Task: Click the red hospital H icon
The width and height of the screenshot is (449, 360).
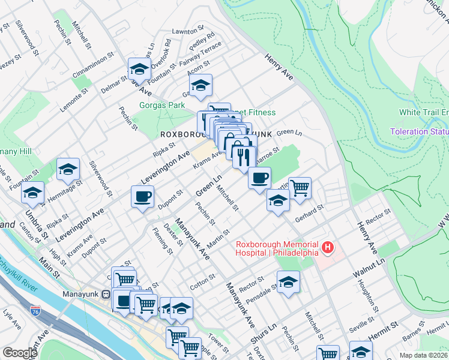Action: point(328,247)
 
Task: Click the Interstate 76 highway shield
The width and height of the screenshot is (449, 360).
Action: point(36,311)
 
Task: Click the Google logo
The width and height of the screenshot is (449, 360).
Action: point(19,353)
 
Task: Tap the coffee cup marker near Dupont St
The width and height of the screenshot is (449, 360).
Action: point(142,196)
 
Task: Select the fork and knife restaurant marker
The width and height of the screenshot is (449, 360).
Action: point(243,157)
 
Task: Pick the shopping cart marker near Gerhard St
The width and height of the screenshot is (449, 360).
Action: point(300,188)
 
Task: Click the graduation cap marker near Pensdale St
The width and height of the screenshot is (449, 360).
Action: point(288,282)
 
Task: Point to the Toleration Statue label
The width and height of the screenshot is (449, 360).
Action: point(419,131)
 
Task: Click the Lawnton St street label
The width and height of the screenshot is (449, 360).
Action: point(184,31)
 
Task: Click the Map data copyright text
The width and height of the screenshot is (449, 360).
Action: point(423,355)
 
